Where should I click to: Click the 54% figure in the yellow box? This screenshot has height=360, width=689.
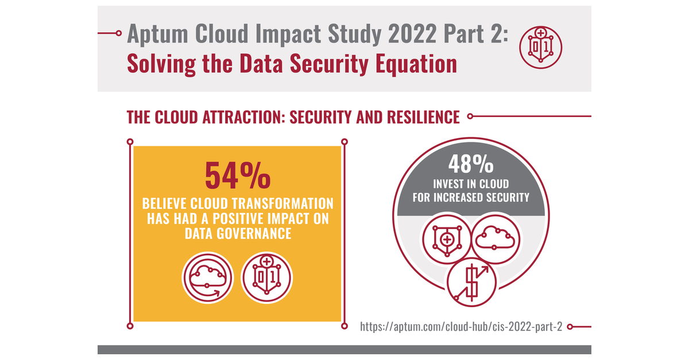237,175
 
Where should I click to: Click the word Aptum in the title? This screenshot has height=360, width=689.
159,35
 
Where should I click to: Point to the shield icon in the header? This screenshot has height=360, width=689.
540,45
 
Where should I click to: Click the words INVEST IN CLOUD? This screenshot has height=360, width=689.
471,185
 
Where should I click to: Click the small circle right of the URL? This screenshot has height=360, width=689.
570,327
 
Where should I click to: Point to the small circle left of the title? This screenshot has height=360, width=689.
119,33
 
